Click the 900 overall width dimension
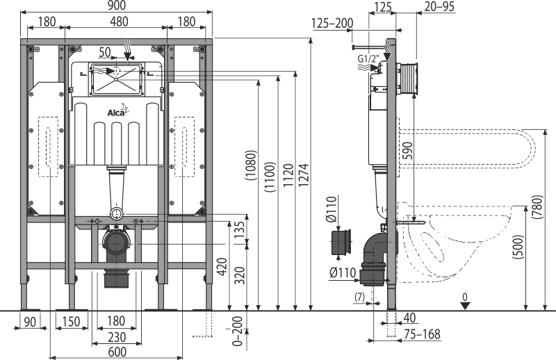tap(117, 6)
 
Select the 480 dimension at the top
tap(119, 22)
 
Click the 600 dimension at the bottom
tap(116, 352)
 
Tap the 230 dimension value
tap(116, 336)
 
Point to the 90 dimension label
tap(30, 321)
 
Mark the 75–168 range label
tap(422, 335)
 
